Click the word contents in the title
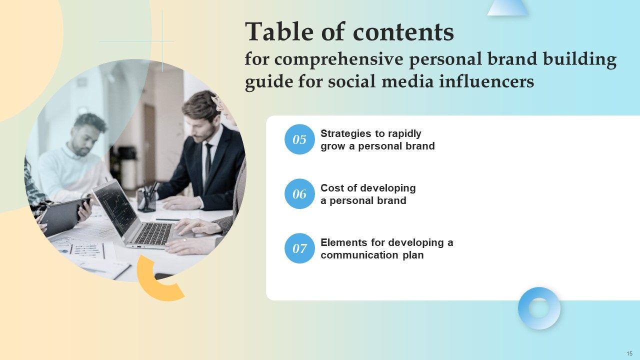pyautogui.click(x=403, y=32)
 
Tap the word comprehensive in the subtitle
pyautogui.click(x=339, y=59)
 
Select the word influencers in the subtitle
pyautogui.click(x=486, y=81)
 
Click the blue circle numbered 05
pyautogui.click(x=299, y=139)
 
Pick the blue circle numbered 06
pyautogui.click(x=299, y=194)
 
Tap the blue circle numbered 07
pyautogui.click(x=299, y=248)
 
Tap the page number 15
pyautogui.click(x=629, y=353)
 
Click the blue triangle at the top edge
pyautogui.click(x=507, y=7)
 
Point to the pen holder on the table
pyautogui.click(x=146, y=200)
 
